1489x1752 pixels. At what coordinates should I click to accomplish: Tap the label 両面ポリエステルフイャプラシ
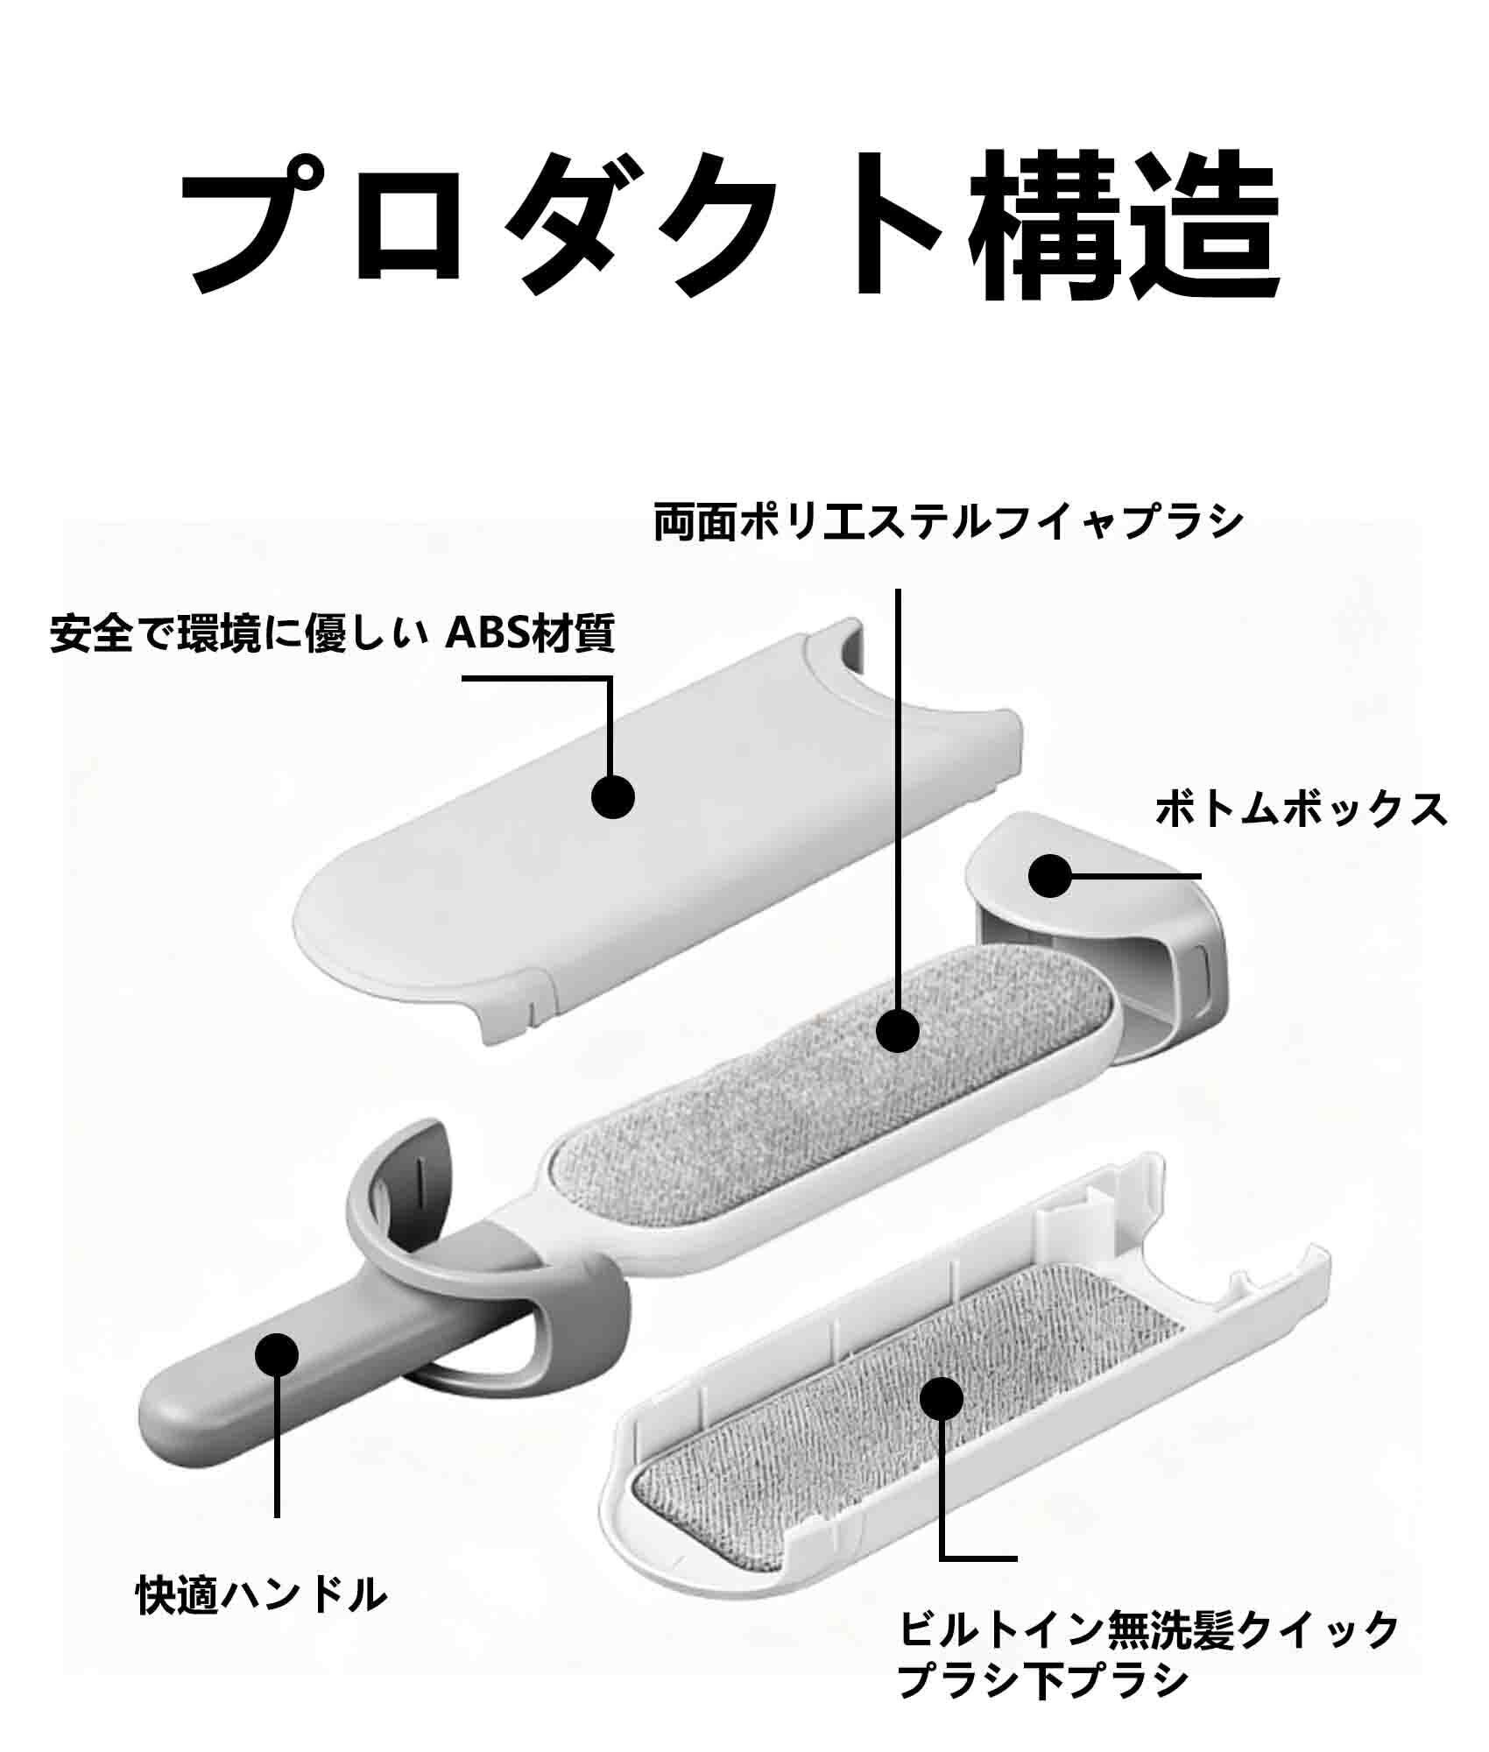pyautogui.click(x=949, y=523)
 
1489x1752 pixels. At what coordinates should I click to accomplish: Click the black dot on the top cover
pyautogui.click(x=612, y=795)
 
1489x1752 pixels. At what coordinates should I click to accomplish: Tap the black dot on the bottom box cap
pyautogui.click(x=1049, y=875)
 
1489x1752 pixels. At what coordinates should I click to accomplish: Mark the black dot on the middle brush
pyautogui.click(x=897, y=1029)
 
